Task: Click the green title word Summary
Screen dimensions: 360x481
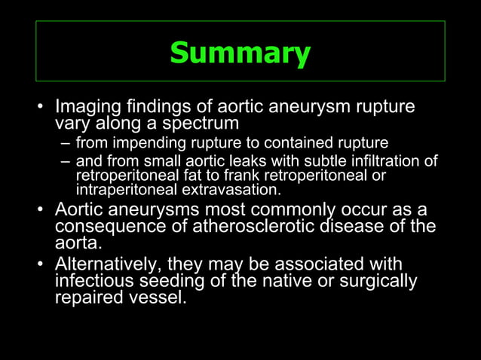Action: pos(240,53)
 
